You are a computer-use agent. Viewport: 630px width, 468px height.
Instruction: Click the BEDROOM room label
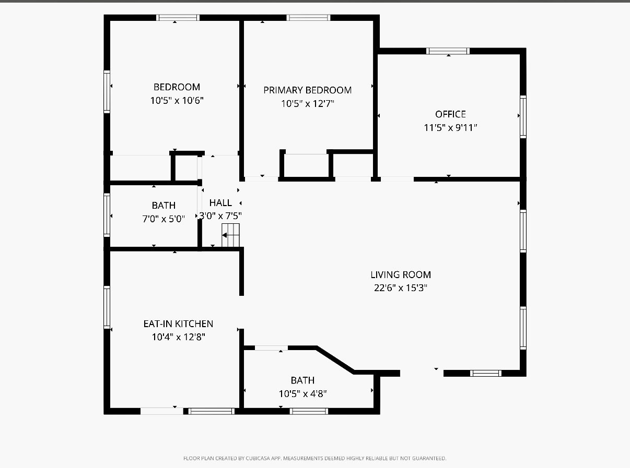(x=177, y=87)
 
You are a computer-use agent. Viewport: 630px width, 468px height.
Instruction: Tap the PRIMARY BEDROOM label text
(x=307, y=90)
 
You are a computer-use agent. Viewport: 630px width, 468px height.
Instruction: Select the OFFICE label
(x=450, y=114)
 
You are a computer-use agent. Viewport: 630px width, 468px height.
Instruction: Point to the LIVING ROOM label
(x=401, y=274)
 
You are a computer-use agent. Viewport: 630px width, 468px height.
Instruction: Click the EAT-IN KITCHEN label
(x=178, y=324)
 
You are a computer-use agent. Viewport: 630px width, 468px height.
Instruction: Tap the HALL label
(x=220, y=203)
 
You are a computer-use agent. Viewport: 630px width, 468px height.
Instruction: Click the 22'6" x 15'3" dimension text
(x=401, y=288)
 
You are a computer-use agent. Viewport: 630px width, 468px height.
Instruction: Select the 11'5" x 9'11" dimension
(x=450, y=127)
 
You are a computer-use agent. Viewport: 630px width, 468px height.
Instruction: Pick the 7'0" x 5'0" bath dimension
(x=164, y=219)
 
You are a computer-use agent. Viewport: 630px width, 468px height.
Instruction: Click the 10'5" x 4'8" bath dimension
(x=303, y=394)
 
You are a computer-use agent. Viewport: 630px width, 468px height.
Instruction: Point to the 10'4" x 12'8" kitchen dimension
(x=178, y=337)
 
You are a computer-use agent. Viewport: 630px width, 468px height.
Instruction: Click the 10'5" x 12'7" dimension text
(x=307, y=103)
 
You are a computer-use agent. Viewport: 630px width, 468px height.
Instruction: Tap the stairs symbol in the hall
(x=230, y=235)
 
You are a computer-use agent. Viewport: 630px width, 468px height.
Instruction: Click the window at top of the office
(x=448, y=51)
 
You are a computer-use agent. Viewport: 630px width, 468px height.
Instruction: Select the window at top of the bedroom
(x=178, y=18)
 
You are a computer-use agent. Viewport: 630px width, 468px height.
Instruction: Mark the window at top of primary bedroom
(x=308, y=18)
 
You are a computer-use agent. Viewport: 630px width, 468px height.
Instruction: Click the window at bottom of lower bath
(x=309, y=411)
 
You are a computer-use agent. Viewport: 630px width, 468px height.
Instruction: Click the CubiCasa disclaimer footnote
(x=314, y=459)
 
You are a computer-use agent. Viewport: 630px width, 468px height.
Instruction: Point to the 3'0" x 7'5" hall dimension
(x=220, y=215)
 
